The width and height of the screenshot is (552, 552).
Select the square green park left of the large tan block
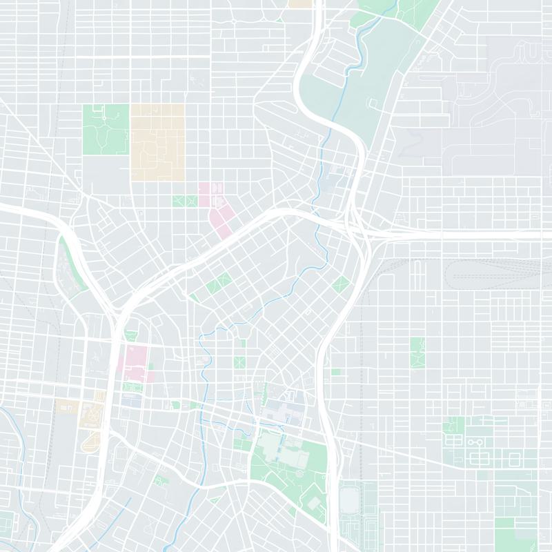point(106,129)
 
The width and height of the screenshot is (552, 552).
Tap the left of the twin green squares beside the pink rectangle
point(180,201)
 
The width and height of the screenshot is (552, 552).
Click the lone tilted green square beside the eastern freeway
point(341,284)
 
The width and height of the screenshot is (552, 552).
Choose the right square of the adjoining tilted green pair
point(224,280)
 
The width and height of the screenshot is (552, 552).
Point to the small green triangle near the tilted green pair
point(195,297)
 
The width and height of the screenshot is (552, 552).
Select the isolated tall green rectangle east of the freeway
point(417,352)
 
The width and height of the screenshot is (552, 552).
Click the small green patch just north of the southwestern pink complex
point(130,337)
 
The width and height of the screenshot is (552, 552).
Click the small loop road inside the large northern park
point(373,104)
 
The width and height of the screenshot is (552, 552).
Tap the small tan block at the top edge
point(299,3)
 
